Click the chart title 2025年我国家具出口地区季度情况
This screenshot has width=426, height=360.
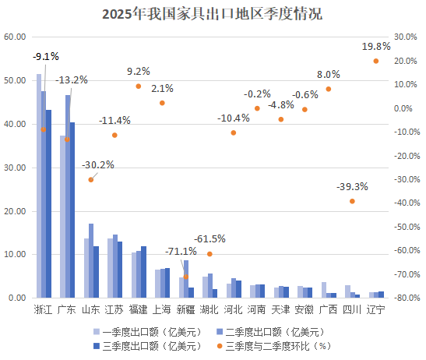coord(212,14)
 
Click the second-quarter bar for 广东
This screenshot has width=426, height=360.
coord(68,196)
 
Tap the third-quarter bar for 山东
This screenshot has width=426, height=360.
coord(96,272)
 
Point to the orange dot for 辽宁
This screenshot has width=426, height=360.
coord(376,61)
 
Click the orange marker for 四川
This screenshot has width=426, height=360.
coord(352,201)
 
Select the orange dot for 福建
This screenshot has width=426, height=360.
coord(139,86)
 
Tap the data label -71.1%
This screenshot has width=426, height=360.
coord(181,251)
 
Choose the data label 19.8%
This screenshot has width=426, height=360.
coord(376,47)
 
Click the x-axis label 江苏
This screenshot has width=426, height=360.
coord(115,309)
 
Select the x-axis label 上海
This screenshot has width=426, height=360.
coord(162,309)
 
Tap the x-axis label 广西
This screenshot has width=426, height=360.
coord(329,309)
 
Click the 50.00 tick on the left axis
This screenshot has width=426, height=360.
coord(15,80)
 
